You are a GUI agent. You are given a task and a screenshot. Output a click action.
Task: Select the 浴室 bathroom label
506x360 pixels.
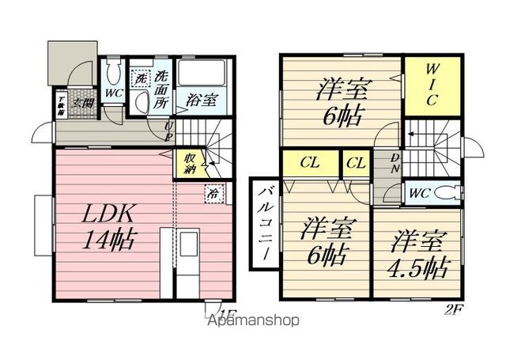coord(202,100)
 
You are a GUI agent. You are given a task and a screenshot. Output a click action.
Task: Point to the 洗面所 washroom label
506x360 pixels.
coord(161,89)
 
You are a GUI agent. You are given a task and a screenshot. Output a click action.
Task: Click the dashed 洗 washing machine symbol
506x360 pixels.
coord(140,78)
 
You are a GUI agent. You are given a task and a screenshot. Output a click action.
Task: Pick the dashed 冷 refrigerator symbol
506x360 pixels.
coord(214,191)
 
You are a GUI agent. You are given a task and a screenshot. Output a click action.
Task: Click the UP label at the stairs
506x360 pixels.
coord(169,131)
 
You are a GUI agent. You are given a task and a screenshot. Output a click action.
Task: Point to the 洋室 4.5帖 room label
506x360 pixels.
coord(415,253)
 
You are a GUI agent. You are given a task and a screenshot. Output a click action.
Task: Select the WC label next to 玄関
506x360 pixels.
coord(114,93)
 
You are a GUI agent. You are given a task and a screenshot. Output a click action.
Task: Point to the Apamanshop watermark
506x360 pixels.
coord(252,320)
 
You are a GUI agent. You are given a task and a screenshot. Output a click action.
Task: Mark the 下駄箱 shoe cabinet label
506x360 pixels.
coord(61,105)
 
